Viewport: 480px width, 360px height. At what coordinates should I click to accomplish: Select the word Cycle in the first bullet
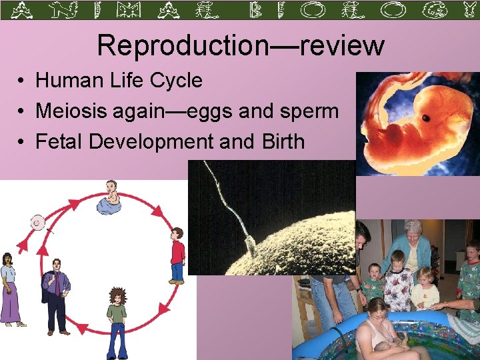(x=177, y=81)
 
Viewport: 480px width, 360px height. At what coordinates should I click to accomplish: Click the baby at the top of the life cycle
(x=111, y=199)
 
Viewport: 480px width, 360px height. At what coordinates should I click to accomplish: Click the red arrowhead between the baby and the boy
(x=157, y=212)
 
